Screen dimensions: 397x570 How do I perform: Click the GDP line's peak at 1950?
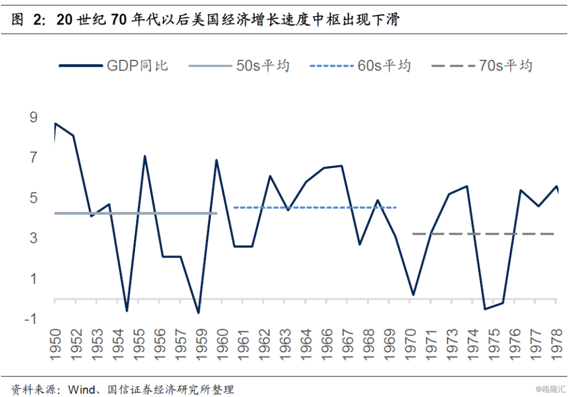(55, 124)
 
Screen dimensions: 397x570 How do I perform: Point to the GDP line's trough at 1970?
(413, 295)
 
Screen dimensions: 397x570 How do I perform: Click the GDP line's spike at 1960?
(217, 160)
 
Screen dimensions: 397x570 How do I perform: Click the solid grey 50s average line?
(137, 213)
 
